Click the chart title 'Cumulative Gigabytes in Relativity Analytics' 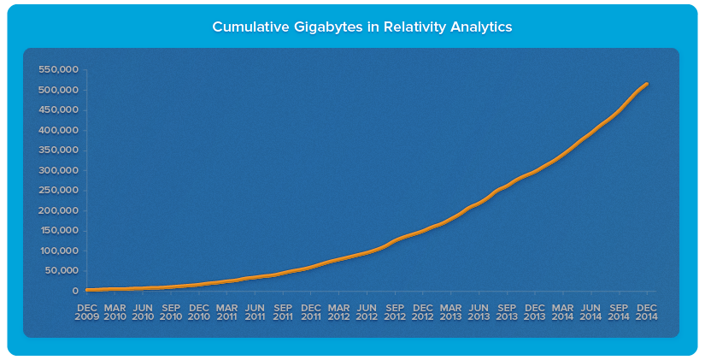click(361, 27)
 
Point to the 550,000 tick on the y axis click(59, 69)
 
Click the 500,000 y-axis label click(59, 90)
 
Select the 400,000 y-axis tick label click(59, 130)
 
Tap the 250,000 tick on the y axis click(59, 191)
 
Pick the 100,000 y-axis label click(59, 251)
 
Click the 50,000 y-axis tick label click(62, 271)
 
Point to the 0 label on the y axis click(75, 292)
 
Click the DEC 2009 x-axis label click(87, 312)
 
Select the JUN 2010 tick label click(143, 312)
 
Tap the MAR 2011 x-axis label click(227, 312)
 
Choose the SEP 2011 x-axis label click(283, 312)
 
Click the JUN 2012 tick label click(367, 312)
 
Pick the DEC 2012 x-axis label click(423, 312)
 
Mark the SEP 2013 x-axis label click(507, 312)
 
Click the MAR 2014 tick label click(563, 312)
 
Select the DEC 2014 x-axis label click(647, 312)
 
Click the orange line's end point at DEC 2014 click(647, 84)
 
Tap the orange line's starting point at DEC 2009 click(87, 290)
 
